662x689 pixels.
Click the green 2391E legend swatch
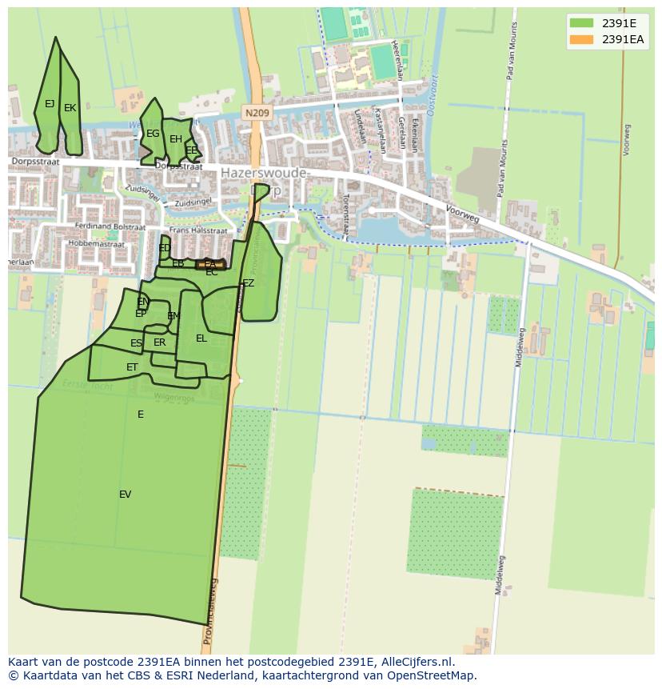pyautogui.click(x=582, y=23)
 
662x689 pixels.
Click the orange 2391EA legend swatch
pyautogui.click(x=582, y=39)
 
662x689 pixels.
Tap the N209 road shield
pyautogui.click(x=257, y=114)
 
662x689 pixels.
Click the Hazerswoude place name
pyautogui.click(x=263, y=172)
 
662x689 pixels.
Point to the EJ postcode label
pyautogui.click(x=50, y=104)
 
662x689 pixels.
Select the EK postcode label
pyautogui.click(x=70, y=108)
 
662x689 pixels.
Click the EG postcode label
pyautogui.click(x=153, y=134)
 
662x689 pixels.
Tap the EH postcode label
pyautogui.click(x=176, y=139)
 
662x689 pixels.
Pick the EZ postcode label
pyautogui.click(x=249, y=283)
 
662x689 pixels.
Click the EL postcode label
pyautogui.click(x=201, y=338)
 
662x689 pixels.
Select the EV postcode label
pyautogui.click(x=125, y=495)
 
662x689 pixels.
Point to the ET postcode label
pyautogui.click(x=132, y=367)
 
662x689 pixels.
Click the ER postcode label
pyautogui.click(x=159, y=342)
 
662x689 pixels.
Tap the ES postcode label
pyautogui.click(x=136, y=343)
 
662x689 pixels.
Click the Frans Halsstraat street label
pyautogui.click(x=197, y=230)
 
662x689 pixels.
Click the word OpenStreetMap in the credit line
pyautogui.click(x=431, y=675)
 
